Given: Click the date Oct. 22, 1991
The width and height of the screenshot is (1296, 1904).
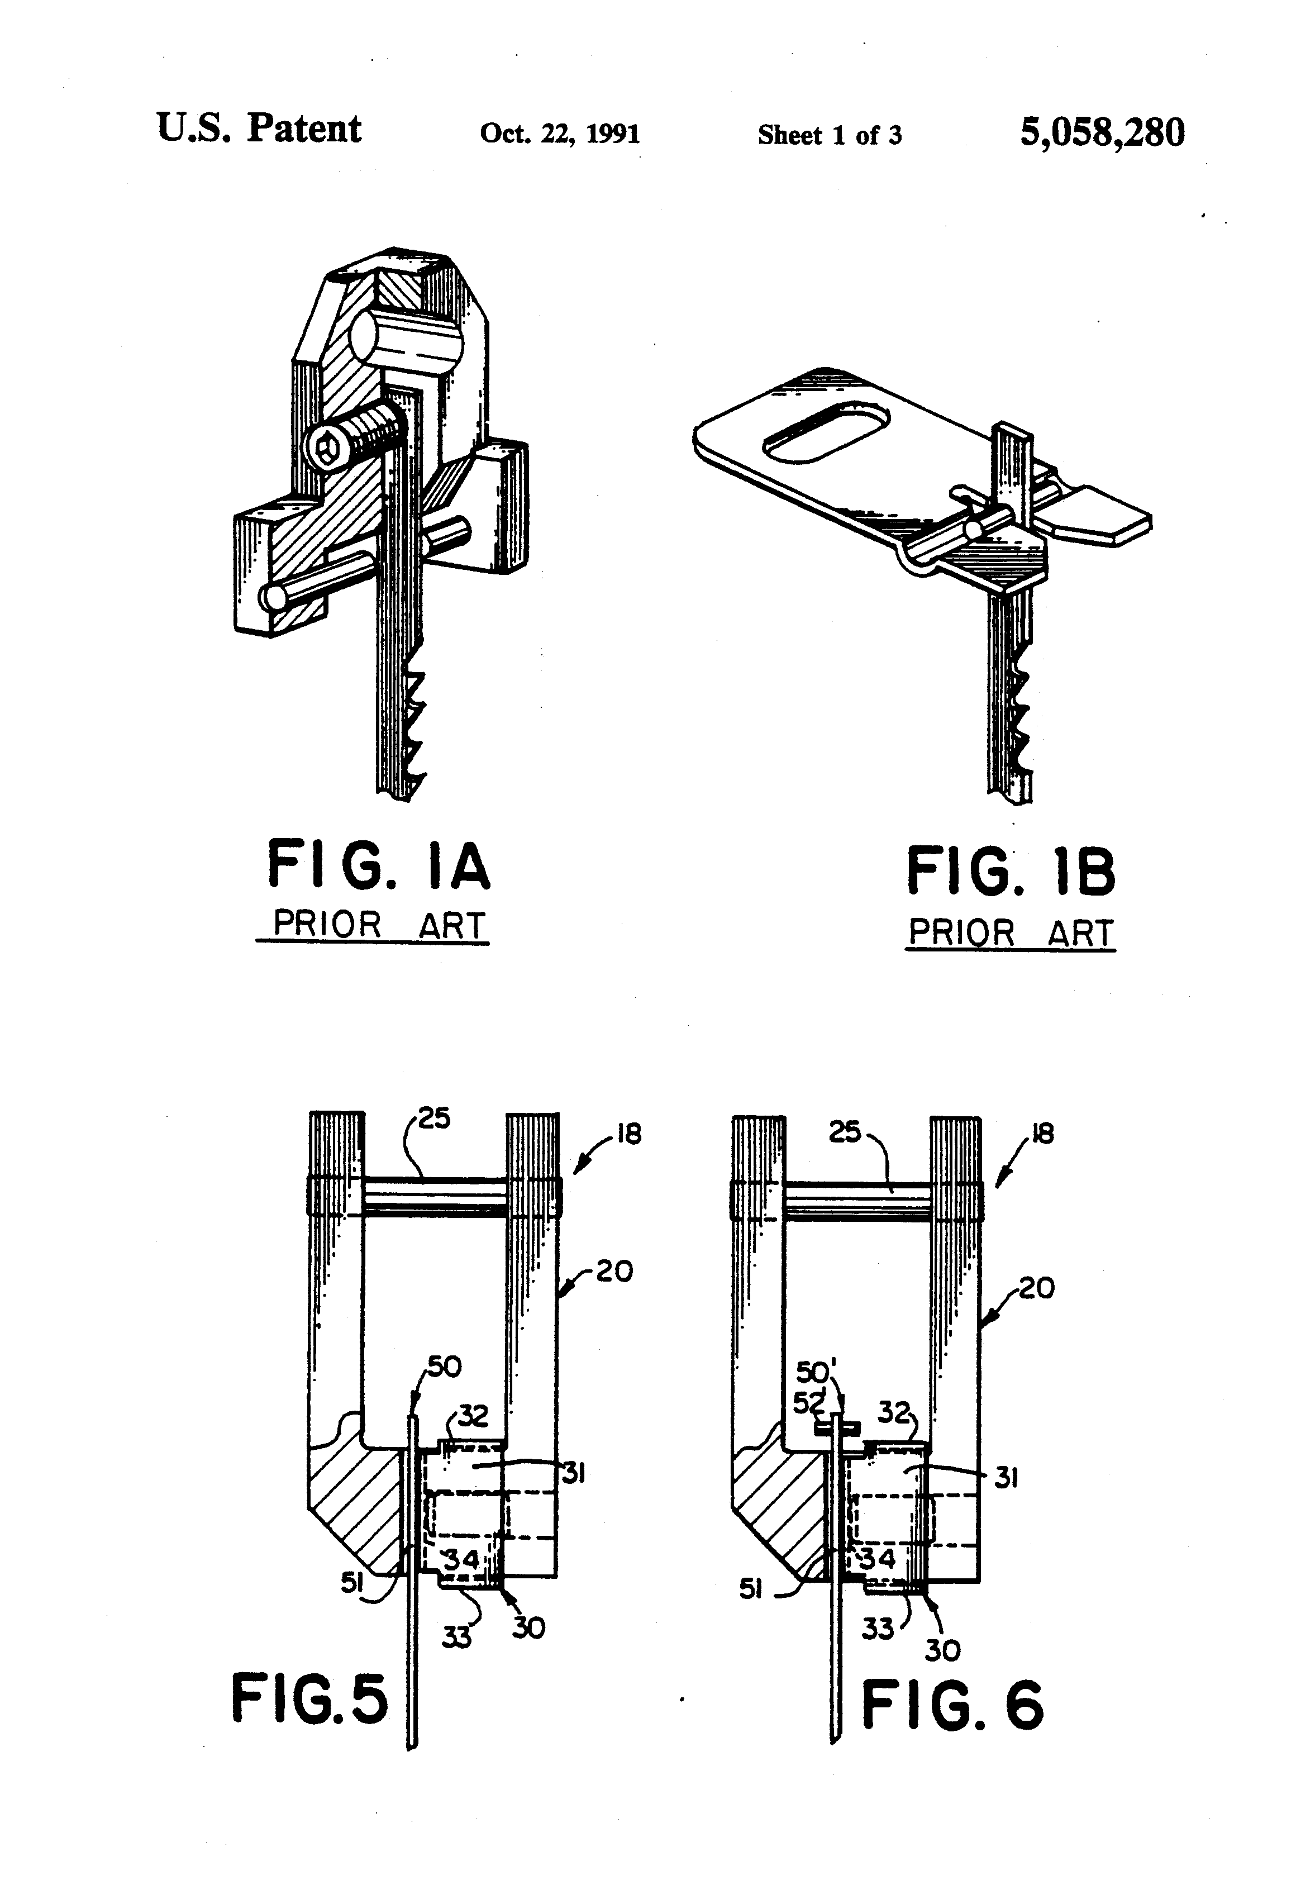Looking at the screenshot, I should pyautogui.click(x=560, y=133).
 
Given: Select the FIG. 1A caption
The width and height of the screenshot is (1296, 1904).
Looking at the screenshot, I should pyautogui.click(x=379, y=866).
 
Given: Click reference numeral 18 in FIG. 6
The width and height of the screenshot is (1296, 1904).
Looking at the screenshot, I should pyautogui.click(x=1042, y=1134).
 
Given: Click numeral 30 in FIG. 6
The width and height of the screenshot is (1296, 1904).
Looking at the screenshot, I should pyautogui.click(x=942, y=1650).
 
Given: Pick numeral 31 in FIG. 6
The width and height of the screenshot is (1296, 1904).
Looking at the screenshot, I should pyautogui.click(x=1006, y=1478).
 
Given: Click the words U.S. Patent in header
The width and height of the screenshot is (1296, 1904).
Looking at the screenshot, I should pyautogui.click(x=258, y=128).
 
